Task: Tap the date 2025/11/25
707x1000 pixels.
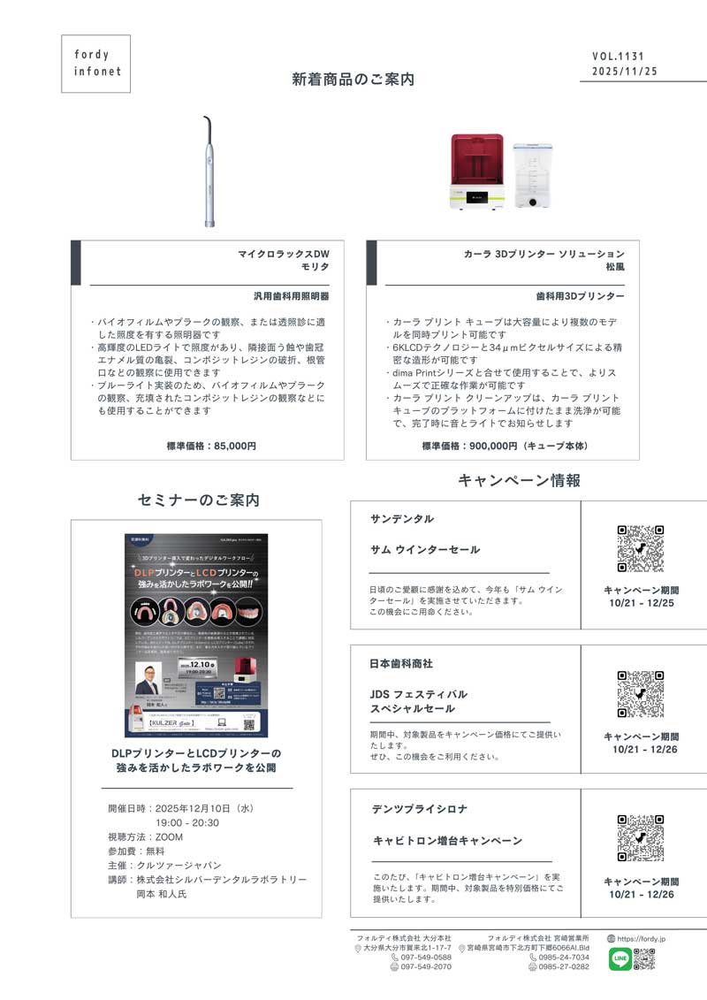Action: (625, 72)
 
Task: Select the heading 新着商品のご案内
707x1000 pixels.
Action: (353, 80)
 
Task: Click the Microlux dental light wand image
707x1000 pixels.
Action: (209, 172)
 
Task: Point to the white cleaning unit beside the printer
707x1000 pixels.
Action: (528, 175)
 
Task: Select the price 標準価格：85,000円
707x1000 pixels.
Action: (211, 447)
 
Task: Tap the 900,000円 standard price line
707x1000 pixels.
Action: (505, 447)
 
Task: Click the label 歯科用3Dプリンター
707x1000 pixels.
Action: (580, 296)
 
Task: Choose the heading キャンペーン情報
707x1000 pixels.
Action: (519, 481)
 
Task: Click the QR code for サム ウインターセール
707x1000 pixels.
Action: (641, 548)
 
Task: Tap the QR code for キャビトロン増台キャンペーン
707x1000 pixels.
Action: (641, 837)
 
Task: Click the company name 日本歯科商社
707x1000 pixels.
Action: (401, 663)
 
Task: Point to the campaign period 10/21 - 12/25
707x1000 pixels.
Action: (642, 603)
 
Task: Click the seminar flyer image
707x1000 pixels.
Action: (196, 635)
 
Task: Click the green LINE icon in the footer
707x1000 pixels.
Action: (620, 958)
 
